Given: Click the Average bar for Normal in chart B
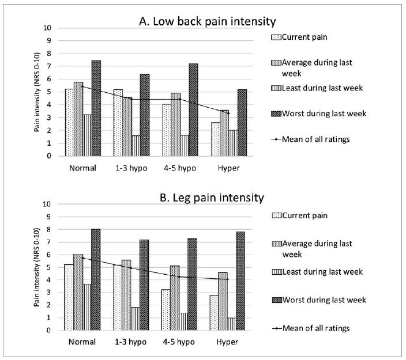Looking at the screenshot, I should [78, 292].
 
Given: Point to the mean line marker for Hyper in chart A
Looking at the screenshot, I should [228, 113].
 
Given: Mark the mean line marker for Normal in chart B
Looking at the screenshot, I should [82, 257].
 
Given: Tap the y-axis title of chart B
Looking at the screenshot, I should [38, 267].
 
